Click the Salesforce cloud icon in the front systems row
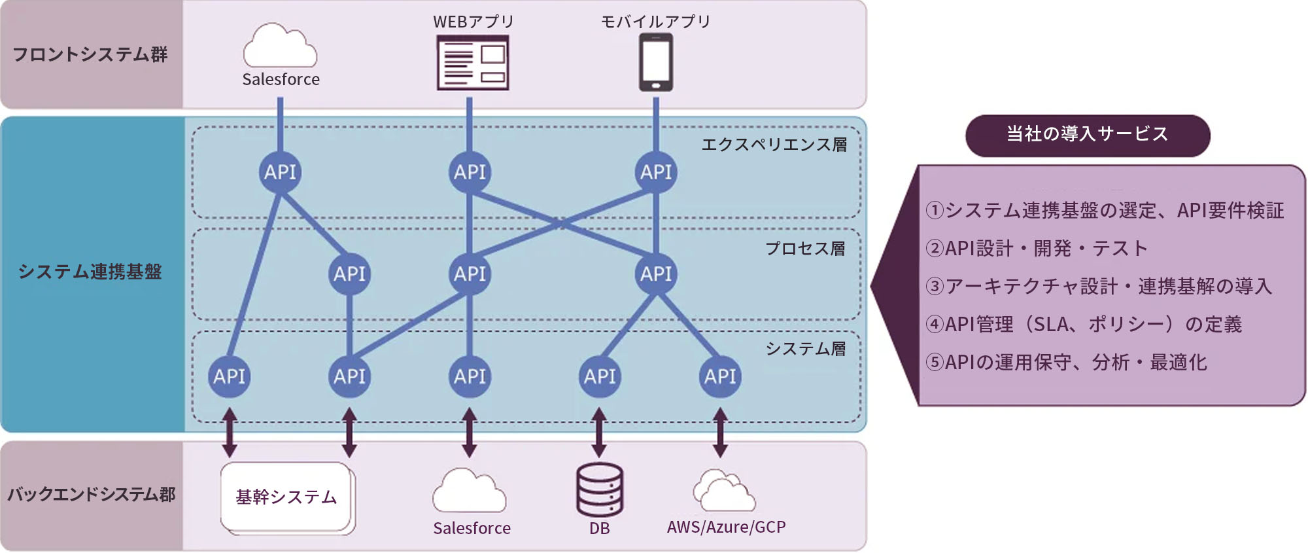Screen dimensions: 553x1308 280,46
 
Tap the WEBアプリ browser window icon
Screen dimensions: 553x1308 473,63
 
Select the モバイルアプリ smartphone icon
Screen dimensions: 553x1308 656,62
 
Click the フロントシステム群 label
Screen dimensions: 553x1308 90,54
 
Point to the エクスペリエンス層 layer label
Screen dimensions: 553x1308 774,145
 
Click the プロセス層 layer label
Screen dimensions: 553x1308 805,249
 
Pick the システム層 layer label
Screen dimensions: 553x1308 806,349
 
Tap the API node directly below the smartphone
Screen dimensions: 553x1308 656,172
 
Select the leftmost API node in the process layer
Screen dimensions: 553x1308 349,274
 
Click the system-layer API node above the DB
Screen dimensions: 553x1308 600,376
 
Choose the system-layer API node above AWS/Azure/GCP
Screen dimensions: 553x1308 720,376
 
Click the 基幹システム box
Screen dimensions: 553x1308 286,497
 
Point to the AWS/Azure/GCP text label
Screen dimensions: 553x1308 726,527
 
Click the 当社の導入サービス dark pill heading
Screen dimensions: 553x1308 1087,135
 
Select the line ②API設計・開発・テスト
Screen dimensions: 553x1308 1037,249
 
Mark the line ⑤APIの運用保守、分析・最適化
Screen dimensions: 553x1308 1066,362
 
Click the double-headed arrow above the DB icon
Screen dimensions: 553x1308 599,433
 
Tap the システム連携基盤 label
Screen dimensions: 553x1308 90,272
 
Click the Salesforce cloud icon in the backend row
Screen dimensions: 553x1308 469,491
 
